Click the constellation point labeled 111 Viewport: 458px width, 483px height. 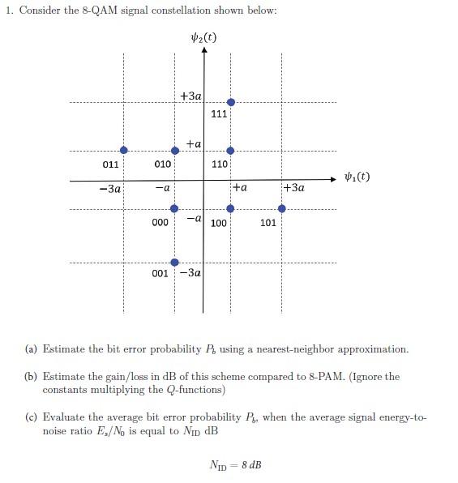(231, 102)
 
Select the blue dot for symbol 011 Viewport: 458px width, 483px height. (123, 151)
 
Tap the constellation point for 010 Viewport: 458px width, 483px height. (175, 151)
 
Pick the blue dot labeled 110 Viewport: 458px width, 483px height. (231, 151)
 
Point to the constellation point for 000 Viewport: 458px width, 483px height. (175, 208)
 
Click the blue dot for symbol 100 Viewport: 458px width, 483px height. (231, 208)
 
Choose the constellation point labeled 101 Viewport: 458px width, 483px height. (282, 208)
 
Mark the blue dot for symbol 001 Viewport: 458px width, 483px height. (175, 262)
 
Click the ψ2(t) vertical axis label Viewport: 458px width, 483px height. (203, 37)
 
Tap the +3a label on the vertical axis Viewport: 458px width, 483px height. (191, 96)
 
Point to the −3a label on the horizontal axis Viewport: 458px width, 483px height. (109, 189)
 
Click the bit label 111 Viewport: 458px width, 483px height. (219, 114)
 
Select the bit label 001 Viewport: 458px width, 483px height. (161, 274)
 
